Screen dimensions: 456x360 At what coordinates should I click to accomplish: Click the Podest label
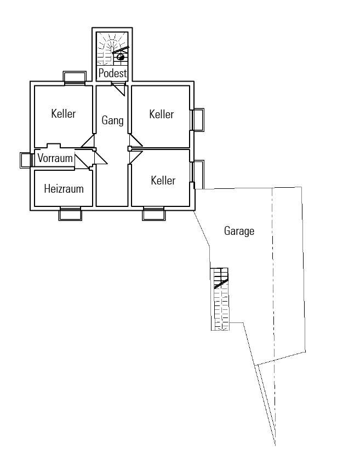(112, 73)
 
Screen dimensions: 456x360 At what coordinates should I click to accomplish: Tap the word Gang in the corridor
(112, 120)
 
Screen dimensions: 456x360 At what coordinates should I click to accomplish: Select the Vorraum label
(55, 158)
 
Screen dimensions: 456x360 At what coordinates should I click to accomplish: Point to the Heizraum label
(64, 189)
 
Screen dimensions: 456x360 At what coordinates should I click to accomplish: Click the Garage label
(239, 231)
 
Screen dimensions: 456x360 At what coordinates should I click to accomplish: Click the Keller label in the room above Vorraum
(64, 114)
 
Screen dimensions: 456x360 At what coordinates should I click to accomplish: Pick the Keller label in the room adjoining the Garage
(163, 180)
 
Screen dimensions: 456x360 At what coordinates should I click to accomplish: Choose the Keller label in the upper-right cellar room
(161, 114)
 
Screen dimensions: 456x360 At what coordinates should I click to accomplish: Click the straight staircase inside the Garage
(220, 299)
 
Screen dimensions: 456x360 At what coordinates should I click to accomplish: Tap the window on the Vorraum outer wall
(26, 160)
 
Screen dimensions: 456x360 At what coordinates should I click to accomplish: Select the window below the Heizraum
(71, 213)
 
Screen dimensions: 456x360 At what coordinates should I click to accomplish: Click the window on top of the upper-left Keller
(75, 77)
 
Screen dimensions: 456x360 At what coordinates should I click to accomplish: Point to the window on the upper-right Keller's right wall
(198, 120)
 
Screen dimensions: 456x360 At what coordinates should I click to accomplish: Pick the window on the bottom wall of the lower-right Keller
(154, 213)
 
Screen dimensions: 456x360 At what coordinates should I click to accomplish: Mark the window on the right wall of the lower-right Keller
(198, 171)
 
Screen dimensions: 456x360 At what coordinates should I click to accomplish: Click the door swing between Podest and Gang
(119, 89)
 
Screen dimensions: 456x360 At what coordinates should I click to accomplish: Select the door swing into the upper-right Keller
(135, 141)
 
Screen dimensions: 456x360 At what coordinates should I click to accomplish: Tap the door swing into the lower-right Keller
(135, 157)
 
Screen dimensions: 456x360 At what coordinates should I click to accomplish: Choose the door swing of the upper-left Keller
(88, 142)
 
